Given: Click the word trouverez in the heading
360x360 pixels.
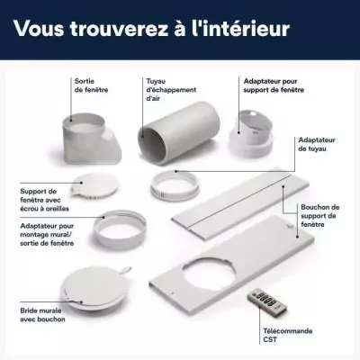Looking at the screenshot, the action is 119,29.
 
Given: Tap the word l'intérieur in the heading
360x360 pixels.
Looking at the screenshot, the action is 240,28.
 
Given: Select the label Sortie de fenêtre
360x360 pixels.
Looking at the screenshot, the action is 91,85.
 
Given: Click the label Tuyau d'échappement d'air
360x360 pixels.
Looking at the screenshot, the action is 171,90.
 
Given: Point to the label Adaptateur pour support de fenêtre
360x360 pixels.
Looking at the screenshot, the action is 274,85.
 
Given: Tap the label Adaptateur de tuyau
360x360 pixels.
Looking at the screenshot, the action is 317,144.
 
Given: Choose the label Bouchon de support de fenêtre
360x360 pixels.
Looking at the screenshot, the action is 320,216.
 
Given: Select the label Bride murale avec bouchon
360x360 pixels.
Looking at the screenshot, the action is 42,315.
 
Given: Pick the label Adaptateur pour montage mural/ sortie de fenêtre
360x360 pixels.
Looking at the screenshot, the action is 47,235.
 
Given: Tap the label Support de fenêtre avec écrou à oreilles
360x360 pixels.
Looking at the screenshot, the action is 44,200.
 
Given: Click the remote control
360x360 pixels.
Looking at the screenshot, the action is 266,301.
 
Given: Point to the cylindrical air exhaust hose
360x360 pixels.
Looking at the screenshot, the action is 179,133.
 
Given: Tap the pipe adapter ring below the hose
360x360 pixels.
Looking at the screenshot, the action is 175,184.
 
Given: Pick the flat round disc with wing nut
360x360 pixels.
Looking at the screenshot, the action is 94,186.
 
